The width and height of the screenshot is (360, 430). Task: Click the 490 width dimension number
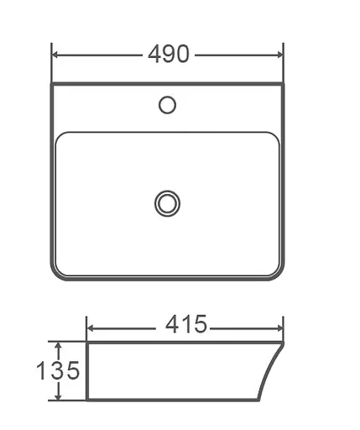pos(168,55)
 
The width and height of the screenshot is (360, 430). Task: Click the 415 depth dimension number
pos(185,325)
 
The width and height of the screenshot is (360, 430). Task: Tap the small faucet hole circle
pos(168,105)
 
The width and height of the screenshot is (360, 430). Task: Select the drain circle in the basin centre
pos(168,202)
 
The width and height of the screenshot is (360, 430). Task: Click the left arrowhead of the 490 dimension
pos(56,55)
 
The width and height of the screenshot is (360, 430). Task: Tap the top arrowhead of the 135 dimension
pos(57,345)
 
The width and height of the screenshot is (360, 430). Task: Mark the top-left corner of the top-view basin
pos(53,84)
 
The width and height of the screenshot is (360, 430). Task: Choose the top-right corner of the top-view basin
pos(283,84)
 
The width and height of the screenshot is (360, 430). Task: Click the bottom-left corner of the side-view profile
pos(87,401)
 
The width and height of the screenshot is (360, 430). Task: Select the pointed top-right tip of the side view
pos(284,343)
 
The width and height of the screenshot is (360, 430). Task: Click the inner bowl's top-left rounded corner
pos(62,137)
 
